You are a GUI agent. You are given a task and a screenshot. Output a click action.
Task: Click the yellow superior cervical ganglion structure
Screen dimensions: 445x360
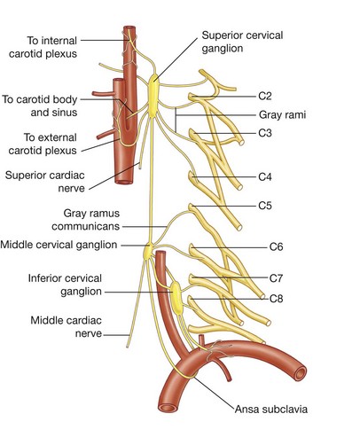(x=154, y=92)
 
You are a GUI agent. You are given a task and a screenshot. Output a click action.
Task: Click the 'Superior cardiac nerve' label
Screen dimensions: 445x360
(x=50, y=182)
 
